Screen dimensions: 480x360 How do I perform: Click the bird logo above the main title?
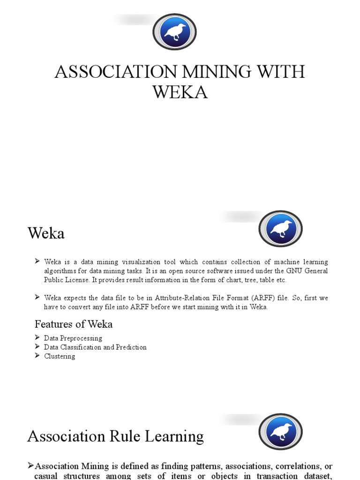click(x=174, y=32)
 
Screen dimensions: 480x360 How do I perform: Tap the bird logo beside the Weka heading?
click(x=280, y=229)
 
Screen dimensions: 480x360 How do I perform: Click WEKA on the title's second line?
click(x=180, y=92)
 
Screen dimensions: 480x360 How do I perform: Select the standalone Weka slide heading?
click(x=46, y=233)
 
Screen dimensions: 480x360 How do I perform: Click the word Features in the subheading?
click(x=52, y=324)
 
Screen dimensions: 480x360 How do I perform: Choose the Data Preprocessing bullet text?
click(x=73, y=338)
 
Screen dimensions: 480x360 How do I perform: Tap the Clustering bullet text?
click(x=60, y=356)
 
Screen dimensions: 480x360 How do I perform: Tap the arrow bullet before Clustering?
click(x=37, y=356)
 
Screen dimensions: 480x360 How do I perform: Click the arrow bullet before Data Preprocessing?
click(x=37, y=338)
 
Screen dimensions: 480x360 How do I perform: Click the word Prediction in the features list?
click(x=131, y=347)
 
